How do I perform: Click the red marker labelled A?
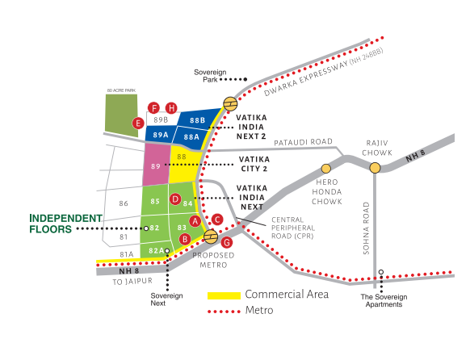coord(195,220)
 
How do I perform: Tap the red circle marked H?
coord(171,108)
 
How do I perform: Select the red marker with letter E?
coord(139,123)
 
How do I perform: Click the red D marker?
coord(175,199)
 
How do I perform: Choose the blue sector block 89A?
coord(160,135)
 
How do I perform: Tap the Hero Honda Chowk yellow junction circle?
coord(326,168)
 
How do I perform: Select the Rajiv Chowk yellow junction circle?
coord(376,168)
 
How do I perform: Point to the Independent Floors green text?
coord(66,224)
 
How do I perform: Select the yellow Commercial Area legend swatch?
coord(224,295)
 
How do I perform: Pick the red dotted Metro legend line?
coord(224,311)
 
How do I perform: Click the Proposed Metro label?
coord(212,259)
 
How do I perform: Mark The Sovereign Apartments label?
coord(384,301)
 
